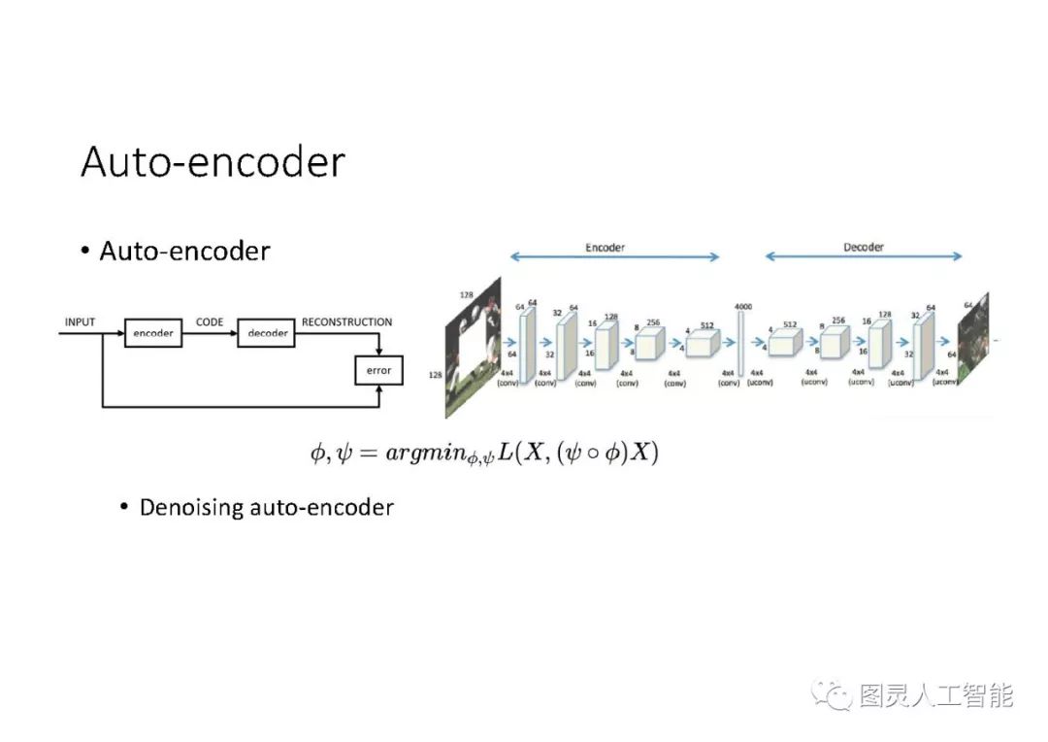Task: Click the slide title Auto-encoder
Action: (213, 162)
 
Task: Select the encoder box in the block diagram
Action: (153, 333)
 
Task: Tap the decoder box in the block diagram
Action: (268, 333)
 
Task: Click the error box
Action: (378, 370)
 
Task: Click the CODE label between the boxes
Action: (210, 321)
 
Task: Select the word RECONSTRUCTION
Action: (346, 321)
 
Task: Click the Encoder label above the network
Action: (605, 247)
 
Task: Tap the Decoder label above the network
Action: (864, 247)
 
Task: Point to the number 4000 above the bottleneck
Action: (744, 307)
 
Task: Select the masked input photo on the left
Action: (473, 348)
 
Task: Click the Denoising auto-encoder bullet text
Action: (266, 507)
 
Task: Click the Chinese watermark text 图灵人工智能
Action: (936, 695)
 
